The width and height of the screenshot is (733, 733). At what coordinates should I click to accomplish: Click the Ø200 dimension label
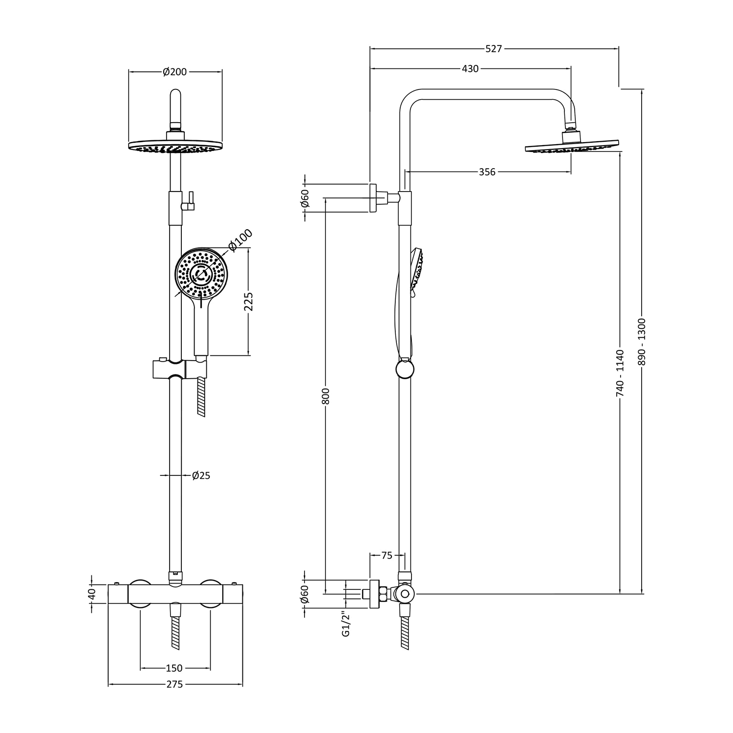[x=175, y=72]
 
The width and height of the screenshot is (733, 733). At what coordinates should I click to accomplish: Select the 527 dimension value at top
[x=494, y=49]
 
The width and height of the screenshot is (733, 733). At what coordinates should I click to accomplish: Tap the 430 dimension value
[x=470, y=69]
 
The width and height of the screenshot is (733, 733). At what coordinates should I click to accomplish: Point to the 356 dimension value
[x=487, y=172]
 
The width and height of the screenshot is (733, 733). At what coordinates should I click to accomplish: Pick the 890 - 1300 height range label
[x=642, y=342]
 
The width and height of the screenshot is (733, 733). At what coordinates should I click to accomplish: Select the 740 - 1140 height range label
[x=620, y=372]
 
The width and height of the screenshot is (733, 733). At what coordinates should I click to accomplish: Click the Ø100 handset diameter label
[x=240, y=240]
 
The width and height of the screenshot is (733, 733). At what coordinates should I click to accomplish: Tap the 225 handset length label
[x=249, y=302]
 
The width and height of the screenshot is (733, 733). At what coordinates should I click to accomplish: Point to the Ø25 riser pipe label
[x=201, y=475]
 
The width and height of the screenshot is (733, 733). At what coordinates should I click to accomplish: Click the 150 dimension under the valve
[x=174, y=668]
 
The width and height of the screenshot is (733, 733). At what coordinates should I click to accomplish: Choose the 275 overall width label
[x=174, y=685]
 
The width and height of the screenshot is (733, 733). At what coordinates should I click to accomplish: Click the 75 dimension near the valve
[x=387, y=556]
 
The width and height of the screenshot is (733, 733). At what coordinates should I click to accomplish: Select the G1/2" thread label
[x=346, y=624]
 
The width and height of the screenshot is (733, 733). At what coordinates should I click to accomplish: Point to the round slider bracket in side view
[x=404, y=370]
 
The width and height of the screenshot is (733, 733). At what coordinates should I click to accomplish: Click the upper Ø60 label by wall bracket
[x=305, y=198]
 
